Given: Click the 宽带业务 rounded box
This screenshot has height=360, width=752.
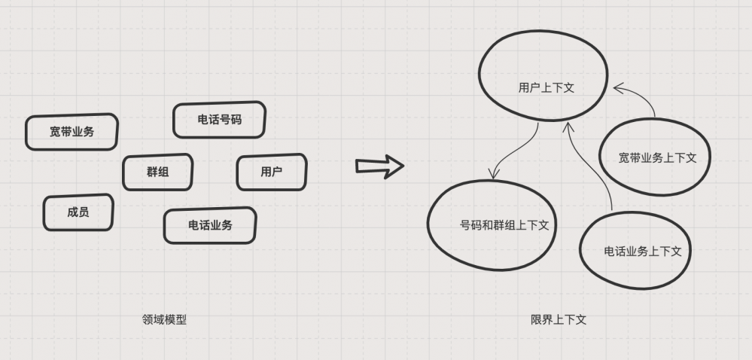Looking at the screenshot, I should [x=72, y=132].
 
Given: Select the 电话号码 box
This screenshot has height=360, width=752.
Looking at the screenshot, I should [x=219, y=120].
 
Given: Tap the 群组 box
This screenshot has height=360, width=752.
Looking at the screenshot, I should [x=157, y=172].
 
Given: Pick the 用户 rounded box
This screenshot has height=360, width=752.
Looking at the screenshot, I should [x=272, y=172].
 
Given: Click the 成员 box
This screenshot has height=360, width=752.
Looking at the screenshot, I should [x=78, y=212].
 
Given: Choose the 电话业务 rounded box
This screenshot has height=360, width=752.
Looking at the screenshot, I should [x=210, y=224].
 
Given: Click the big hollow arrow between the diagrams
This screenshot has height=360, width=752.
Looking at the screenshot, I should [x=379, y=166].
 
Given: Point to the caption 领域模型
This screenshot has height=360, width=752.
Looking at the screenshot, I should [x=164, y=319].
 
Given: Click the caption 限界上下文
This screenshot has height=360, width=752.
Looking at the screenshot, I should [x=558, y=319].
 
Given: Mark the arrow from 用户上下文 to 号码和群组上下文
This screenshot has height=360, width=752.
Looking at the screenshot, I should [x=520, y=154].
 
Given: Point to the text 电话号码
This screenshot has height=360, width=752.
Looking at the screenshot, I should [x=219, y=120].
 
